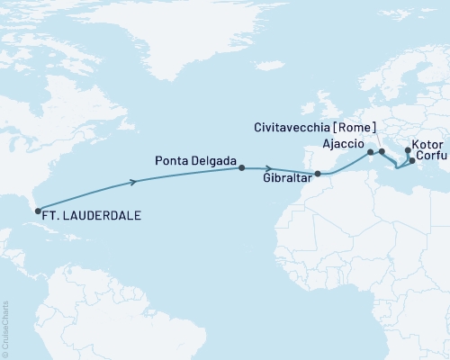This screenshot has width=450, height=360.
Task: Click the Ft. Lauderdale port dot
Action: [x=38, y=211]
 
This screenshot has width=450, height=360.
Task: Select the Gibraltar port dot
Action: [x=317, y=174]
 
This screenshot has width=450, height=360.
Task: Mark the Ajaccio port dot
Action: [x=370, y=153]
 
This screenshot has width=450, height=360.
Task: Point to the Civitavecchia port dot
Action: [x=382, y=151]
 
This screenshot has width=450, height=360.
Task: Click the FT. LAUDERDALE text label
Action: [x=93, y=216]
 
